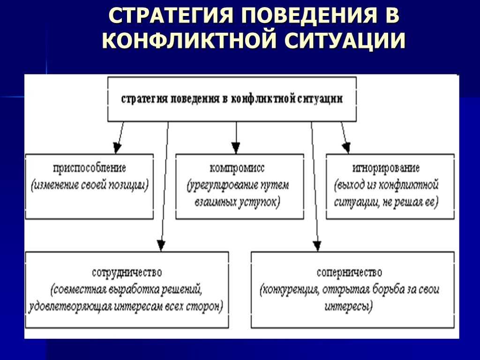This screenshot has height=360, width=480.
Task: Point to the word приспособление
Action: coord(90,167)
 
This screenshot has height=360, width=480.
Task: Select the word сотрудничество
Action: coord(127,272)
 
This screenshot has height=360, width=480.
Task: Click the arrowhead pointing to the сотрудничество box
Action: coord(161,245)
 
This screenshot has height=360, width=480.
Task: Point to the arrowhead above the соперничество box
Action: coord(317,245)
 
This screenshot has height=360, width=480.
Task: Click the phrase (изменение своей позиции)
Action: coord(90,185)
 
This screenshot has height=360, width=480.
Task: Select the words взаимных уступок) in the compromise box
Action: coord(237,202)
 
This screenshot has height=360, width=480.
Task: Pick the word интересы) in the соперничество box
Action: coord(348,307)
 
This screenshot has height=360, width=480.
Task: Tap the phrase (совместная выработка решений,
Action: coord(127,289)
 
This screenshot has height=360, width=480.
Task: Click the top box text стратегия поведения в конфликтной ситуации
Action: coord(232,99)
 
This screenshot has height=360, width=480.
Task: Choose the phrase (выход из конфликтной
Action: coord(387,185)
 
